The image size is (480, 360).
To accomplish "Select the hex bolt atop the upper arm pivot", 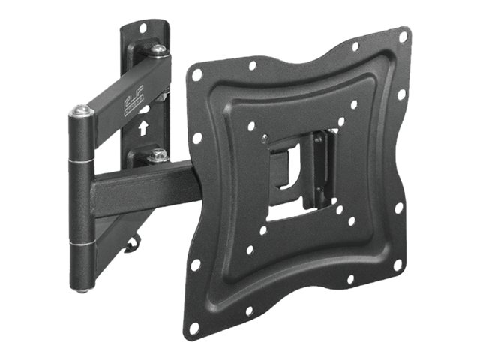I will point(159,50).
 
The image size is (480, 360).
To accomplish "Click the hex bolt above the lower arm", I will point(157,156).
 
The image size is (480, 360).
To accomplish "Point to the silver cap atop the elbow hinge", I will point(82,111).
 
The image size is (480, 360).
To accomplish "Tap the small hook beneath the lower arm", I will point(133,241).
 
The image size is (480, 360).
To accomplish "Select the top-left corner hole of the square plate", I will point(197,75).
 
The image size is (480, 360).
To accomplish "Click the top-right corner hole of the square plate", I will point(403,36).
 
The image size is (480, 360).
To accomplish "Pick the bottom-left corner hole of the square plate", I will point(194,327).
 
